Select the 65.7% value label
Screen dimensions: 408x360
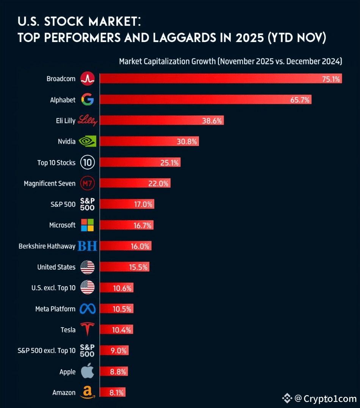[300, 100]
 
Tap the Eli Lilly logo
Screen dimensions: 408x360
[88, 121]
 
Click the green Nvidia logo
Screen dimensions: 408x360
[88, 142]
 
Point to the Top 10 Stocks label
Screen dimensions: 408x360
[56, 163]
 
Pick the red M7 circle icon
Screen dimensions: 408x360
[88, 184]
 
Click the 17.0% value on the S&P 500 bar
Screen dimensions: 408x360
[143, 204]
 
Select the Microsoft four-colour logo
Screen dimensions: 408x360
[88, 225]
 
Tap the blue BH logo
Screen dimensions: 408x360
[88, 246]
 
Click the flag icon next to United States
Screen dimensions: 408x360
[88, 267]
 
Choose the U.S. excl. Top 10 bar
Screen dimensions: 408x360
[116, 288]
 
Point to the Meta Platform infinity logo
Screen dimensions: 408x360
[88, 309]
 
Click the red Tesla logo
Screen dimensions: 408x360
[88, 329]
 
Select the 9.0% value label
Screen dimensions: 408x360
[118, 351]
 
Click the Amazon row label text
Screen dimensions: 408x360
[64, 393]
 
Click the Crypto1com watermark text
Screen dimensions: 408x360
[330, 399]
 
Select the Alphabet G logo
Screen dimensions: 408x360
[88, 100]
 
